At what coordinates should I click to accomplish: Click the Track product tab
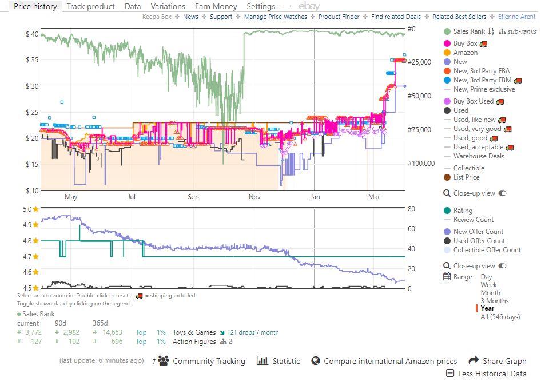[90, 6]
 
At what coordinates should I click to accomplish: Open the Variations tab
[168, 6]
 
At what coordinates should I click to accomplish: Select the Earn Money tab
[216, 6]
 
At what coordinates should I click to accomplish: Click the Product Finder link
[339, 17]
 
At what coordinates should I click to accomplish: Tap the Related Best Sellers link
[459, 17]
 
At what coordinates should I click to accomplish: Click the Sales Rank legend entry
[465, 31]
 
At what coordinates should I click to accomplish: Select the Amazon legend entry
[461, 53]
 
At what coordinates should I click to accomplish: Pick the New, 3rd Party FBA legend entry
[477, 71]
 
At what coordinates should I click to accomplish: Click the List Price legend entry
[462, 177]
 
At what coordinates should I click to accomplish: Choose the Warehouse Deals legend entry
[474, 156]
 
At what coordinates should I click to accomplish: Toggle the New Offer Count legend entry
[474, 232]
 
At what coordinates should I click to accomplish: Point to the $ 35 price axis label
[32, 59]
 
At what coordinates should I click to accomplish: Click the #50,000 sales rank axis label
[419, 96]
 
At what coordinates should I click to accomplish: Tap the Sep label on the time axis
[193, 197]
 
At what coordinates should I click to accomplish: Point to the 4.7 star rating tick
[30, 256]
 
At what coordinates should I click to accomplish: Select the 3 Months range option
[495, 301]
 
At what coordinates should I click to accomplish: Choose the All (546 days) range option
[500, 317]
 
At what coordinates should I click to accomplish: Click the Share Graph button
[498, 361]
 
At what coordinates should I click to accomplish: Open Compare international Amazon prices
[384, 361]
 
